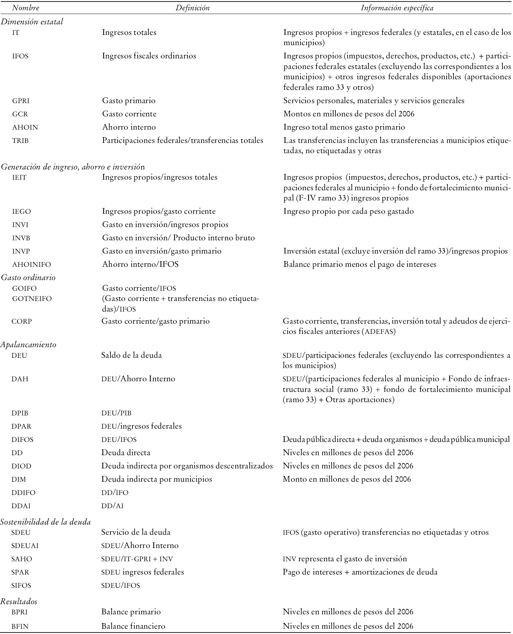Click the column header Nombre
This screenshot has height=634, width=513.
(25, 8)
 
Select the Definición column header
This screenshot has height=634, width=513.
(193, 8)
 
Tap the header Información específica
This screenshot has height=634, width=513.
(397, 8)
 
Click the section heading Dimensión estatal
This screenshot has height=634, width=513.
(32, 22)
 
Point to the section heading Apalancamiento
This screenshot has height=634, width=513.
(28, 344)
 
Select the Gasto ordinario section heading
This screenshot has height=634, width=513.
(28, 277)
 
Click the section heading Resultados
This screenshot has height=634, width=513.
(19, 601)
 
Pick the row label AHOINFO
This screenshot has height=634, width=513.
(31, 264)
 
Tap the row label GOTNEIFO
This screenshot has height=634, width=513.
(32, 299)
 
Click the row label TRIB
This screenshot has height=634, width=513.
(20, 141)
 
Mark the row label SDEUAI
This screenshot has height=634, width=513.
(25, 546)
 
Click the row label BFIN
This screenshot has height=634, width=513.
(20, 626)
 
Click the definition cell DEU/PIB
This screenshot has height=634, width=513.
(116, 413)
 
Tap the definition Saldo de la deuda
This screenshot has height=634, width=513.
(131, 355)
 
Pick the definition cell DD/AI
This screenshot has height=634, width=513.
(112, 506)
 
